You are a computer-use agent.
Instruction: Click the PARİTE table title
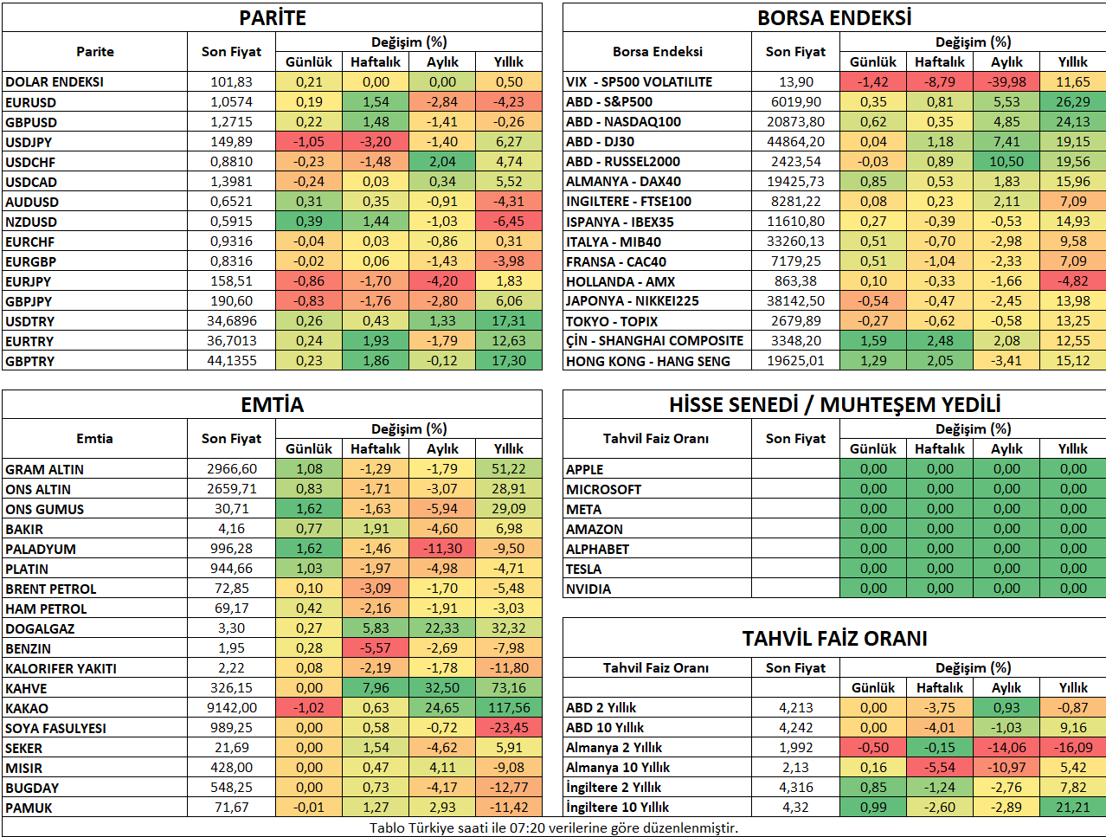(x=272, y=18)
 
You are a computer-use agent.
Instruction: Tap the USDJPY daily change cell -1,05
(x=309, y=142)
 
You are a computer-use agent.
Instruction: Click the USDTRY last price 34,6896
(x=231, y=320)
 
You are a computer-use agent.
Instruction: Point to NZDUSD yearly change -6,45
(x=508, y=222)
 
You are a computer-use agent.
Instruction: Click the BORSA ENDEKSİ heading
(x=834, y=18)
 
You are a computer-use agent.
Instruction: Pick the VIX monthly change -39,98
(x=1006, y=81)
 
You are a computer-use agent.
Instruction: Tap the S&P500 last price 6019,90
(x=795, y=102)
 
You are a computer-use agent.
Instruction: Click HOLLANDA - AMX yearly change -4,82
(x=1073, y=280)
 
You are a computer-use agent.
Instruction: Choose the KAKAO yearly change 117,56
(x=508, y=707)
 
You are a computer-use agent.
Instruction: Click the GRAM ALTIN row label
(x=44, y=469)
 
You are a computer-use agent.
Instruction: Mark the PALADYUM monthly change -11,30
(x=442, y=548)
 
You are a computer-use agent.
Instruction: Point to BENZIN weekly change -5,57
(x=376, y=647)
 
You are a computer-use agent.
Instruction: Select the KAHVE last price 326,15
(x=231, y=687)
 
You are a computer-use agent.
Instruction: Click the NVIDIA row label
(x=588, y=589)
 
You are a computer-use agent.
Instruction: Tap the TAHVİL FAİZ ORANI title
(x=834, y=639)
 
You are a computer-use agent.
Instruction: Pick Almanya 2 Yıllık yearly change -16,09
(x=1073, y=747)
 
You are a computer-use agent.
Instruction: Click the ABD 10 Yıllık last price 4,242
(x=795, y=727)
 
